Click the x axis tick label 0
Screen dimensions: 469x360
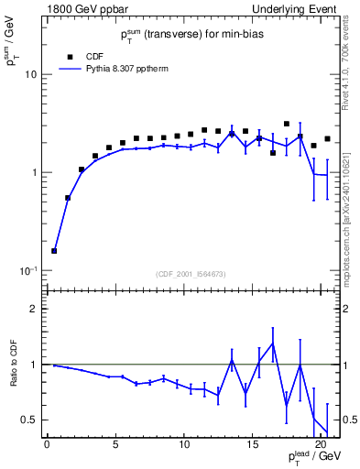pos(48,445)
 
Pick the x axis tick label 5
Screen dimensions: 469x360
pos(115,445)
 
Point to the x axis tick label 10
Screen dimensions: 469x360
pos(184,445)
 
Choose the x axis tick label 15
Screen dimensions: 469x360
pos(253,445)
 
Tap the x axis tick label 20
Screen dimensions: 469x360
pos(321,445)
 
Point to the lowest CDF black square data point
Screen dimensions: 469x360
pos(54,251)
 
